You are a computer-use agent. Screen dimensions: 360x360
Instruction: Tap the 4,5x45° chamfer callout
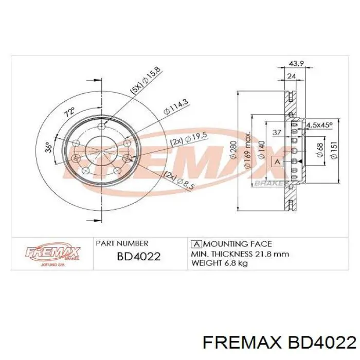(319, 125)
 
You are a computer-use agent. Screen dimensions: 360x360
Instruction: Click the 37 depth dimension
(277, 133)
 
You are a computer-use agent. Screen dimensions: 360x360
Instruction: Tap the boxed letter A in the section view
(278, 161)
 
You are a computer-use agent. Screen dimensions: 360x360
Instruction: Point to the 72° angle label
(69, 111)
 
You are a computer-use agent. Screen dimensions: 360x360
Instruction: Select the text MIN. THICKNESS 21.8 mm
(240, 254)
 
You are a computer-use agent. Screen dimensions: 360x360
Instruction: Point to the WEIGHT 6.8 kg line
(220, 263)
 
